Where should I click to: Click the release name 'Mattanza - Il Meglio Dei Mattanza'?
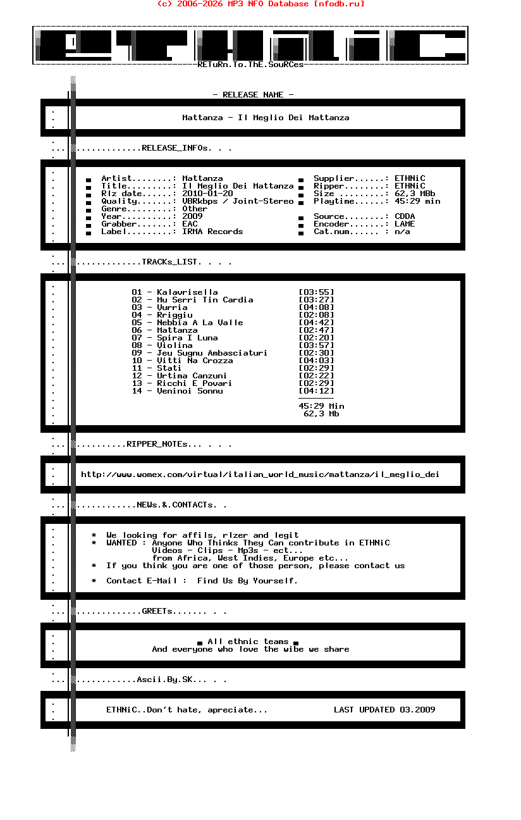(266, 118)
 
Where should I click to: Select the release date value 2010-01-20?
(207, 194)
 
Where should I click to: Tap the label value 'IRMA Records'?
(212, 232)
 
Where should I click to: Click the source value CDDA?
(405, 216)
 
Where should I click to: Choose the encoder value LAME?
(405, 224)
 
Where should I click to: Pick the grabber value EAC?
(190, 224)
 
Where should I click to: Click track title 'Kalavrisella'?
(187, 292)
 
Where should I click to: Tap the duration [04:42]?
(316, 323)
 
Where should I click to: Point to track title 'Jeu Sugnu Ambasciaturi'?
(212, 353)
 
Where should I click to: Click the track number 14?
(137, 391)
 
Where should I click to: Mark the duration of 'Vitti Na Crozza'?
(316, 361)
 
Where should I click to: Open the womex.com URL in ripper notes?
(260, 475)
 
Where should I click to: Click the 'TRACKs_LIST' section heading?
(171, 262)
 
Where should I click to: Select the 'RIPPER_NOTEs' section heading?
(157, 444)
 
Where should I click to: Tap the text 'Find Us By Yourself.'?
(247, 581)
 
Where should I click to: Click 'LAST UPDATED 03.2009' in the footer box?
(384, 710)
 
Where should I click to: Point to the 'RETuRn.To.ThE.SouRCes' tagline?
(250, 65)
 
